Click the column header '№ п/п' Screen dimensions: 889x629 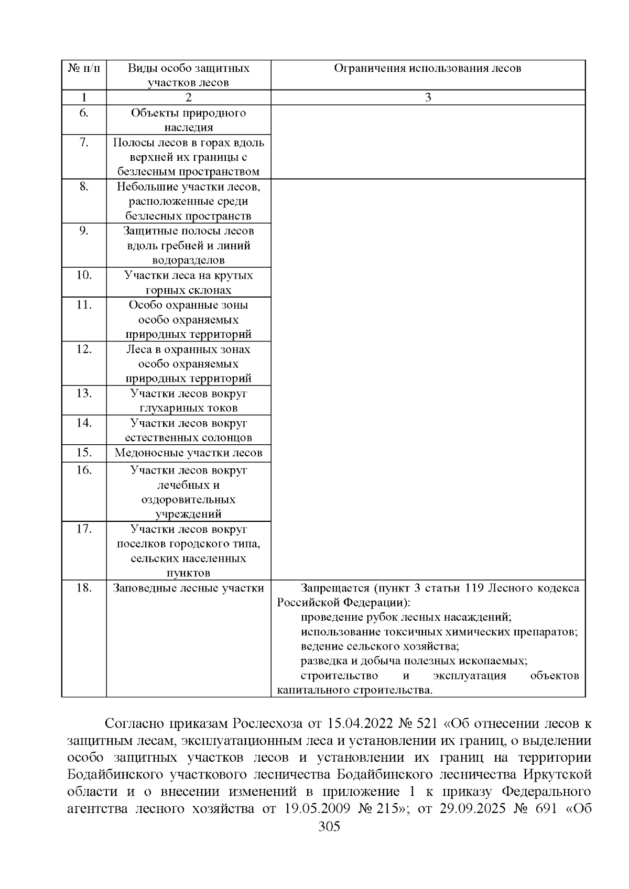tap(84, 69)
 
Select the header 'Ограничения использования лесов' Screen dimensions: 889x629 tap(428, 69)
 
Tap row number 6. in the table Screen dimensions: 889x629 tap(84, 113)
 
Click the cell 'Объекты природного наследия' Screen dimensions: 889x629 tap(189, 120)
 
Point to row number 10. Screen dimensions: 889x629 tap(84, 276)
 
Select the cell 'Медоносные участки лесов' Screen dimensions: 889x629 tap(189, 453)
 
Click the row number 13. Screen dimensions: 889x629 tap(84, 393)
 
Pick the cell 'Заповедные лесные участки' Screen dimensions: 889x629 tap(189, 588)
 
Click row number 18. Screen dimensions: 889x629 tap(84, 588)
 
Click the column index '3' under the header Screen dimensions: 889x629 tap(428, 98)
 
